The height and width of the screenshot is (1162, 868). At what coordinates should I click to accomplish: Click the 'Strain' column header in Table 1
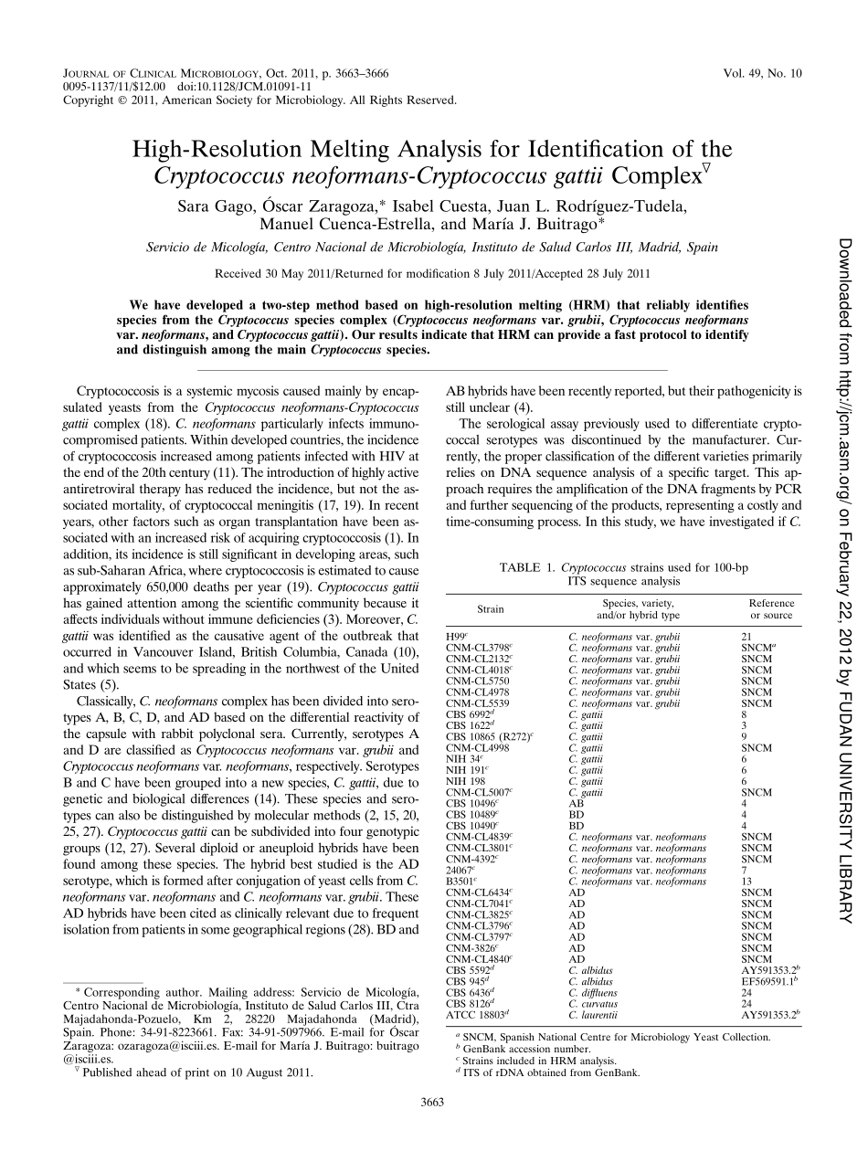click(491, 609)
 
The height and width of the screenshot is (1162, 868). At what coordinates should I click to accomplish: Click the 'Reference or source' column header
click(771, 609)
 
